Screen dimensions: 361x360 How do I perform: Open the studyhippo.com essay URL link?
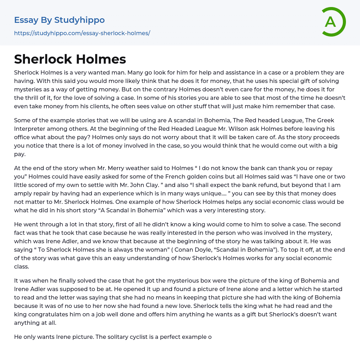(82, 33)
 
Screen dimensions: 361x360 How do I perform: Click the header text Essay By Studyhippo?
(59, 20)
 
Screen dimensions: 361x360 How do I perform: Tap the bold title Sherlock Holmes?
(70, 59)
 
